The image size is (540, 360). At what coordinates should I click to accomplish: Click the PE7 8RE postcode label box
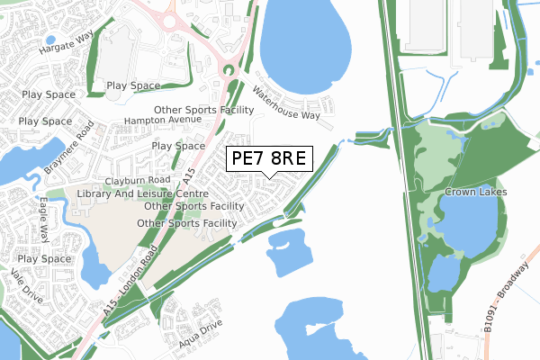267,158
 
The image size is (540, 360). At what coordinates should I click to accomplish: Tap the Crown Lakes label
476,193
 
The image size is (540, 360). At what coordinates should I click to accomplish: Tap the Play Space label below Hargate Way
133,85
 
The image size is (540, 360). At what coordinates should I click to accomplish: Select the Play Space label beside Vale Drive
43,258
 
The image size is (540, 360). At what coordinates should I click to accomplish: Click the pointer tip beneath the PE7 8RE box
267,176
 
